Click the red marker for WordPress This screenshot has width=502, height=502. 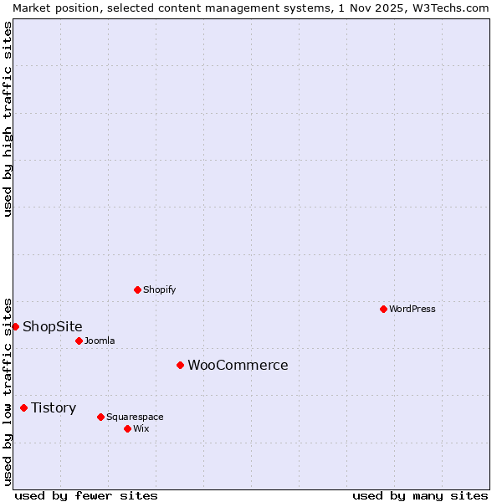pyautogui.click(x=383, y=309)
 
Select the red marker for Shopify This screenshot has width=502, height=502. pyautogui.click(x=137, y=289)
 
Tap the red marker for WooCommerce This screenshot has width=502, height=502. pyautogui.click(x=180, y=365)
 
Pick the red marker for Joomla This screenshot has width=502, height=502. pyautogui.click(x=79, y=341)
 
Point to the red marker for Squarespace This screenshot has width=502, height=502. pyautogui.click(x=100, y=417)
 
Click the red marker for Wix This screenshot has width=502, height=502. pyautogui.click(x=127, y=428)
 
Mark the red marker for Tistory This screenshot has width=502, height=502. pyautogui.click(x=23, y=408)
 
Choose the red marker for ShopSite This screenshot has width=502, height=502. pyautogui.click(x=15, y=326)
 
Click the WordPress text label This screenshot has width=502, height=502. pyautogui.click(x=412, y=309)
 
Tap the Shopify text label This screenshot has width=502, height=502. pyautogui.click(x=159, y=289)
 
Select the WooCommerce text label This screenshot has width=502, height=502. pyautogui.click(x=238, y=365)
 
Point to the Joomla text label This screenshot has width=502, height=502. pyautogui.click(x=100, y=341)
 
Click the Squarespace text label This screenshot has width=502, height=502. pyautogui.click(x=135, y=417)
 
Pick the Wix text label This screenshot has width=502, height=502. pyautogui.click(x=141, y=428)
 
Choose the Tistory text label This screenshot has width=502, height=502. pyautogui.click(x=54, y=408)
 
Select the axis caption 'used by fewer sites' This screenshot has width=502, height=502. pyautogui.click(x=86, y=495)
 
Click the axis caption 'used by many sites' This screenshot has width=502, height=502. pyautogui.click(x=420, y=495)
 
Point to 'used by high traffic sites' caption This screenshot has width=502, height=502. pyautogui.click(x=8, y=119)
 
